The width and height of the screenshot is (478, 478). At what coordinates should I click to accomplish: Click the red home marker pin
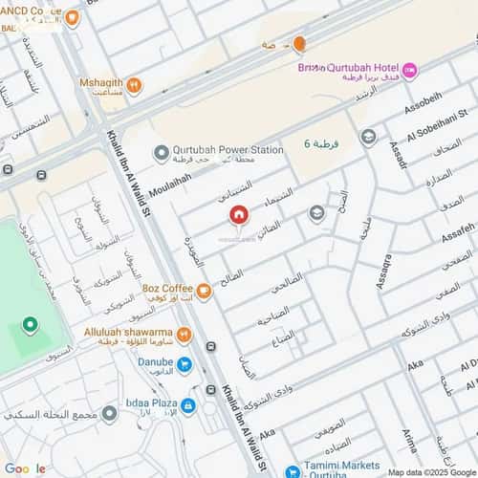point(239,214)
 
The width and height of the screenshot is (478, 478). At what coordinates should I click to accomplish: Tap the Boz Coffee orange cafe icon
point(203,291)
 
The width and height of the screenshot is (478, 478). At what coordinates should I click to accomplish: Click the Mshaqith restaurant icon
point(134,86)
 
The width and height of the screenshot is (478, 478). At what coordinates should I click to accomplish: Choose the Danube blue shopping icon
point(185,364)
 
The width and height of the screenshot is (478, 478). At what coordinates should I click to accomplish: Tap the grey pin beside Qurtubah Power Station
point(161,151)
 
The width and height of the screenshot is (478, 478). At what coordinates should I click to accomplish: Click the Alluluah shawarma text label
point(126,329)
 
